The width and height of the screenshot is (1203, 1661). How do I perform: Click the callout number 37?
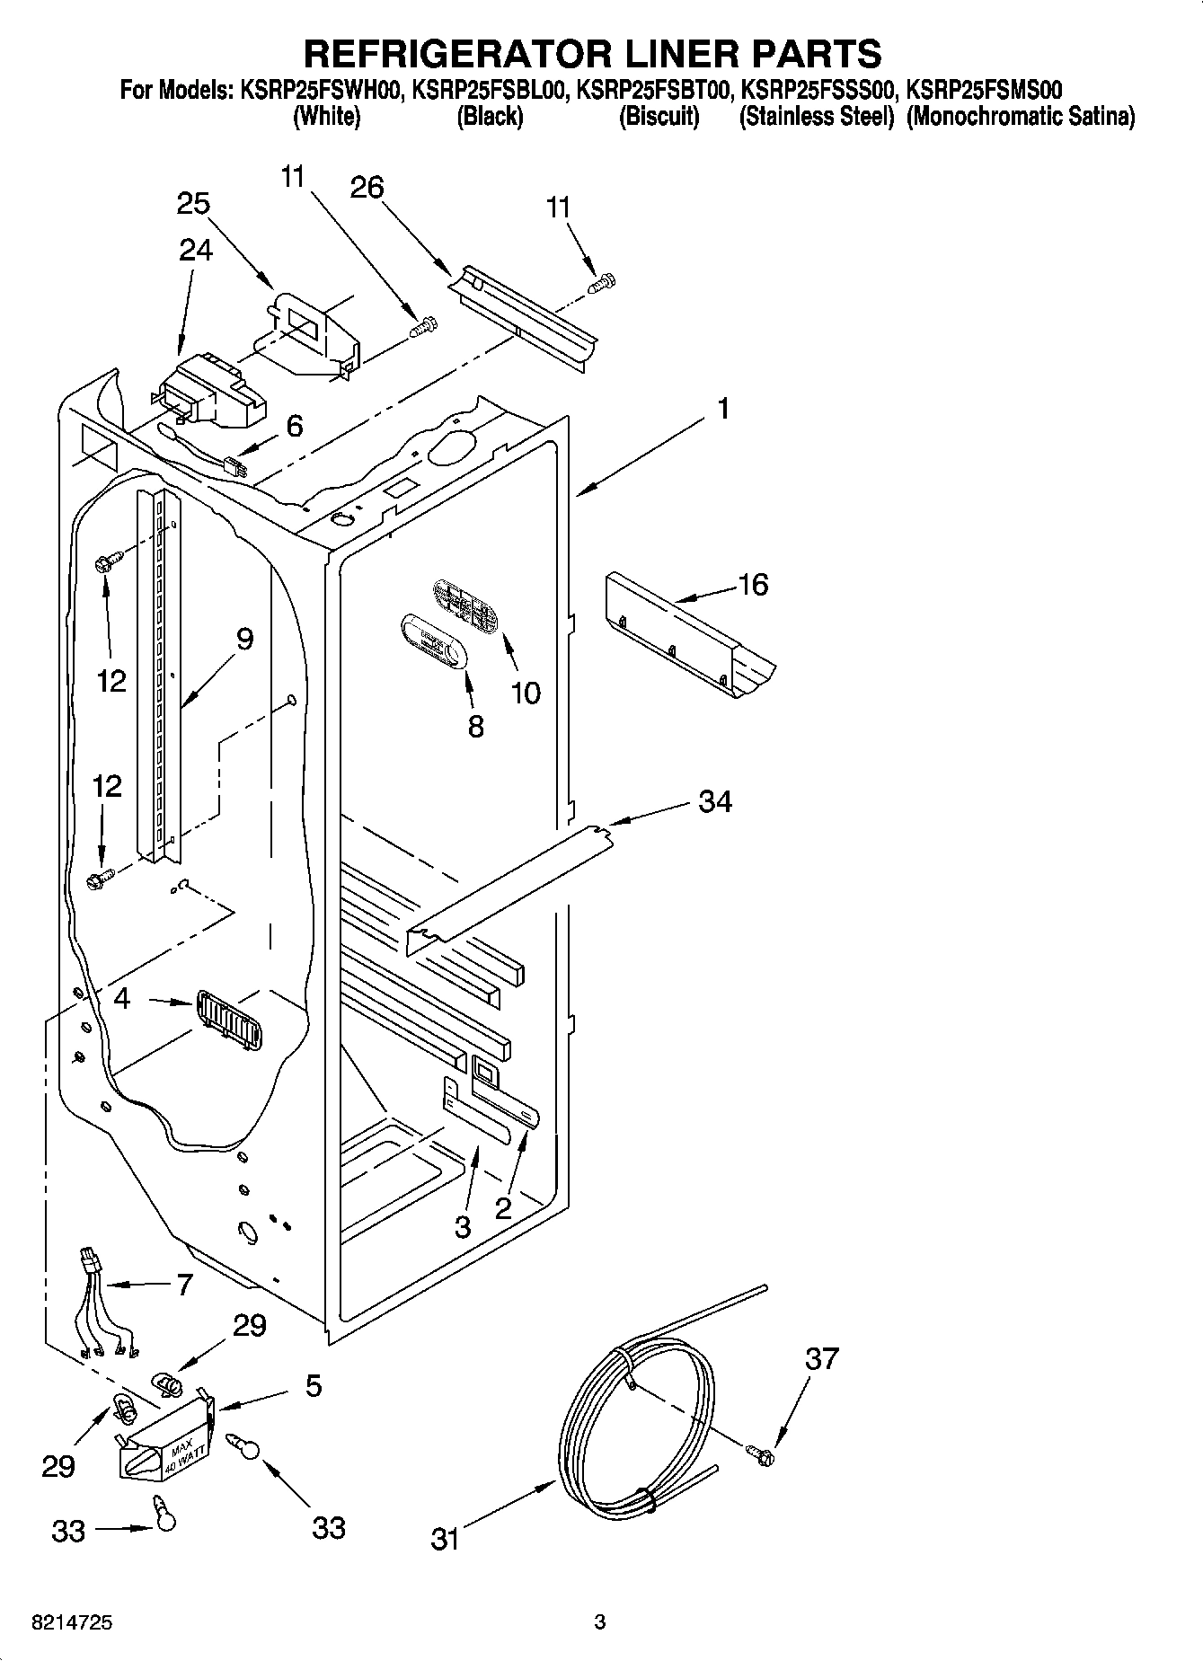pos(821,1358)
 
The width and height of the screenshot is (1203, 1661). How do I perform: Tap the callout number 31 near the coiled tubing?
pos(445,1540)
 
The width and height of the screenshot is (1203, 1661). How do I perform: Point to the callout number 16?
pos(753,585)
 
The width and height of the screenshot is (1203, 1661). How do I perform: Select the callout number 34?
pos(715,800)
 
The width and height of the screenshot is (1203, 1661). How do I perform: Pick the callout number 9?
pos(244,639)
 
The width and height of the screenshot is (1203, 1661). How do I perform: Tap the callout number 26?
pos(367,187)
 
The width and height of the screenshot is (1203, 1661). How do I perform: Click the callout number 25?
pos(193,203)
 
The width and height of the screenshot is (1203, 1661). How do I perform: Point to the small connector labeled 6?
pos(236,468)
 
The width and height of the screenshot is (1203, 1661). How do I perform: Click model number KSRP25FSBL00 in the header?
pos(490,90)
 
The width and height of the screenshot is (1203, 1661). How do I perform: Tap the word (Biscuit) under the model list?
pos(659,117)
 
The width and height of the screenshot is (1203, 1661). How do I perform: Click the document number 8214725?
pos(72,1623)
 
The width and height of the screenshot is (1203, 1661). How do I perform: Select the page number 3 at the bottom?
pos(599,1622)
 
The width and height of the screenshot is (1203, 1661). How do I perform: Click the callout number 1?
pos(722,409)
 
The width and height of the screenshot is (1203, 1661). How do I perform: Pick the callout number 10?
pos(526,693)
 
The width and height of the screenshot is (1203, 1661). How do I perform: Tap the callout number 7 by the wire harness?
pos(184,1286)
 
